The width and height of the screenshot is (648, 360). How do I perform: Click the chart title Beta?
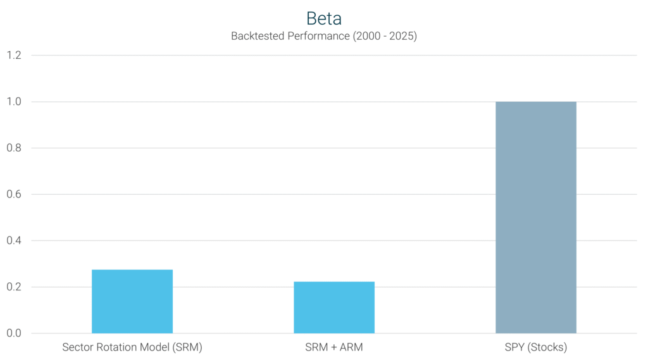tap(323, 18)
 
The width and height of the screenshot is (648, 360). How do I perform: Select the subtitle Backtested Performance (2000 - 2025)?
tap(323, 36)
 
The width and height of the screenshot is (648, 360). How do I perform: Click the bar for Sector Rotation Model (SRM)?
tap(132, 302)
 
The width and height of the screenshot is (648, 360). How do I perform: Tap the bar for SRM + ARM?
tap(333, 307)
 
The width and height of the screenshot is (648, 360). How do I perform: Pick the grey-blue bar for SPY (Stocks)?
tap(535, 218)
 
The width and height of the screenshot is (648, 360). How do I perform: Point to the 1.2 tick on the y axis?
tap(14, 56)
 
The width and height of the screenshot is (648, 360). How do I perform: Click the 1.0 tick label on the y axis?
tap(14, 102)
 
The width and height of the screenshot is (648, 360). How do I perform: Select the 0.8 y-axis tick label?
tap(14, 148)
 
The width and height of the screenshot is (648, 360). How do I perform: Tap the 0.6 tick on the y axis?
tap(14, 194)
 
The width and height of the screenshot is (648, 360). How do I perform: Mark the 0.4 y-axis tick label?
tap(14, 240)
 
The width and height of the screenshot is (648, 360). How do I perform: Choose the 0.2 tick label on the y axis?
tap(14, 287)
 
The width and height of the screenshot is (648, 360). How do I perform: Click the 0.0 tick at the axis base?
tap(14, 333)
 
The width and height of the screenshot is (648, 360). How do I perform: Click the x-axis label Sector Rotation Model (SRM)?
tap(132, 347)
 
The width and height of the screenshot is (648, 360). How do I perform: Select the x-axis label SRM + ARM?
tap(333, 347)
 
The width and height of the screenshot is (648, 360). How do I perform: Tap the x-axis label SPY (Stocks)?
tap(535, 347)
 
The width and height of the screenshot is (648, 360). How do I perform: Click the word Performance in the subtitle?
tap(315, 36)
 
